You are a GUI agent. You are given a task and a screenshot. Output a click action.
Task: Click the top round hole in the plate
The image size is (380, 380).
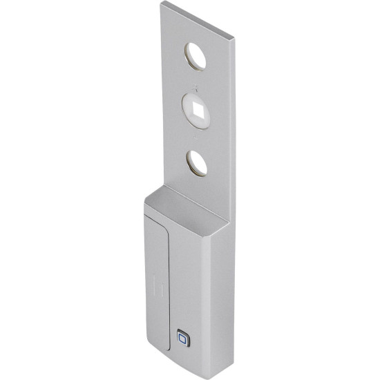pos(198,57)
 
